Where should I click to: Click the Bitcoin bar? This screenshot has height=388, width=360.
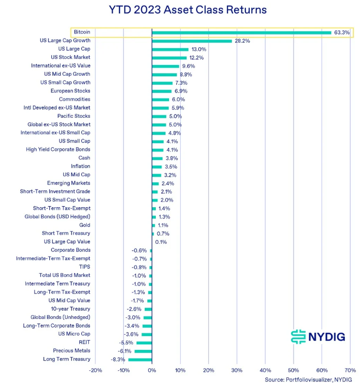[241, 33]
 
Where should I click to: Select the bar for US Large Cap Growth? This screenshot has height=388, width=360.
[191, 41]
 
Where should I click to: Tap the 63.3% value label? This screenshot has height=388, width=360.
[342, 33]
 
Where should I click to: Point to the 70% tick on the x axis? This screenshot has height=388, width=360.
[350, 370]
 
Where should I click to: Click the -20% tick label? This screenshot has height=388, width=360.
[95, 370]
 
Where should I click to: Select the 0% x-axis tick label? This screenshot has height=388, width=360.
[152, 370]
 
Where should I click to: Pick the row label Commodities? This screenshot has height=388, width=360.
[75, 100]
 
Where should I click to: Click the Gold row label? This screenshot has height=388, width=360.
[85, 225]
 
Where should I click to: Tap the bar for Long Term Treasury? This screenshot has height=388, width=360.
[140, 360]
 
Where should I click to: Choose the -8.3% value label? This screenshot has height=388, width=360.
[118, 360]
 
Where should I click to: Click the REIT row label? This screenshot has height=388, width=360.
[84, 343]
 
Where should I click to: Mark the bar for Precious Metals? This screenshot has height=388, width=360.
[143, 351]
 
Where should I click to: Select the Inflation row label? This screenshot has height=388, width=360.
[81, 166]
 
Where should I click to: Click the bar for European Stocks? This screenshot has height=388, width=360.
[161, 91]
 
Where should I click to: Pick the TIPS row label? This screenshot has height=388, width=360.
[84, 267]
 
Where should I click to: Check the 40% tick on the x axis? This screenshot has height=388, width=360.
[265, 370]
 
